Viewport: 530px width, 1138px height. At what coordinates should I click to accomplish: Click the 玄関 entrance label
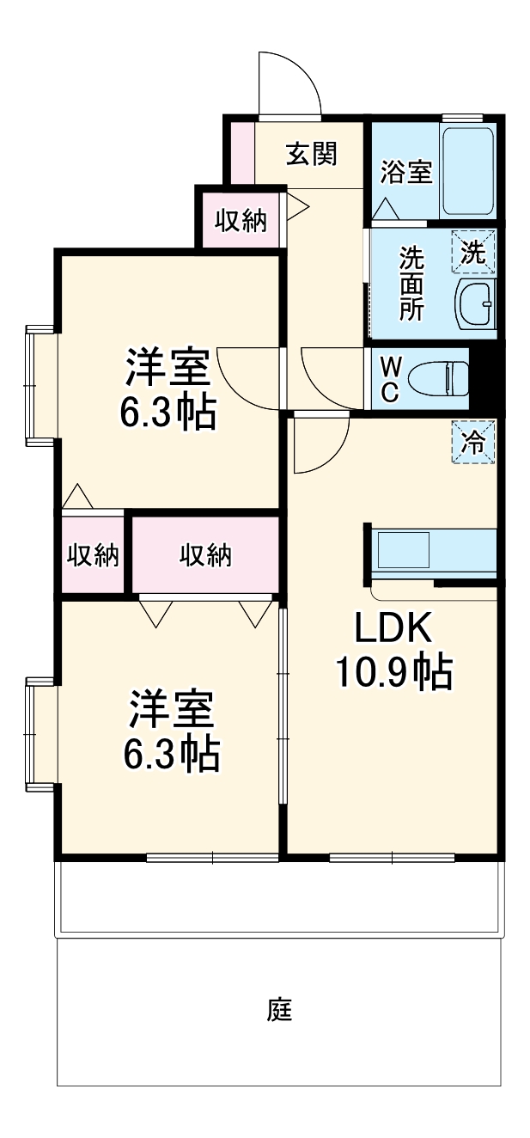click(311, 156)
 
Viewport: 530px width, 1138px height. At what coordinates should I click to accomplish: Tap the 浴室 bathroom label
click(405, 171)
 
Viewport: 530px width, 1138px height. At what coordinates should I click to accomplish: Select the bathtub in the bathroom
click(468, 172)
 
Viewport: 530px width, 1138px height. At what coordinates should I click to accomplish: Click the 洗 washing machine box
click(473, 251)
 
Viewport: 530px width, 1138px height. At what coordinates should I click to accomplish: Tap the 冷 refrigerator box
click(474, 442)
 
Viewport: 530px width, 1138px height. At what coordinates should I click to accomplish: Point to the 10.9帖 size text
click(393, 673)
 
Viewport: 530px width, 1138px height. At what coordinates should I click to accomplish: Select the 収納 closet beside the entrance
click(241, 221)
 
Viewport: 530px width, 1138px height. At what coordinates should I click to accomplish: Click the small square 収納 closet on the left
click(93, 555)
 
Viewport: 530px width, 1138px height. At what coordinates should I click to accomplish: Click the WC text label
click(389, 379)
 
